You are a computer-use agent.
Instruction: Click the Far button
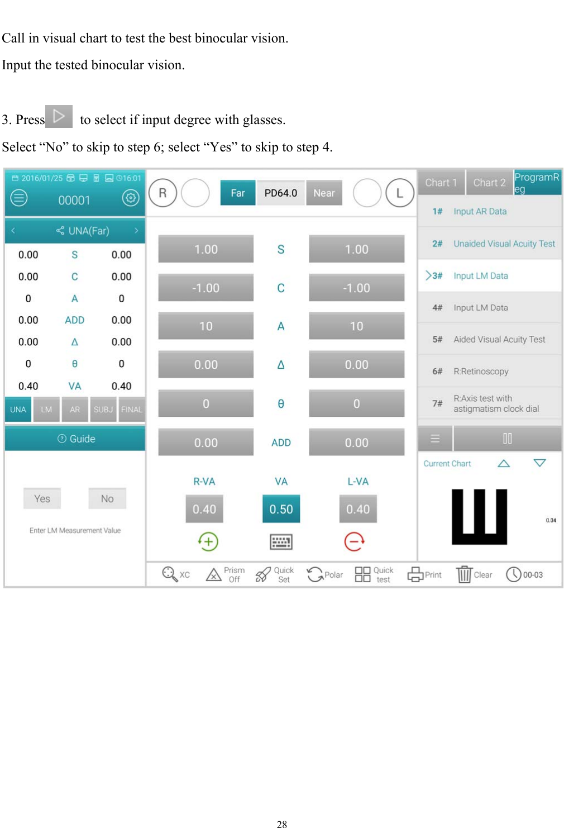click(x=238, y=193)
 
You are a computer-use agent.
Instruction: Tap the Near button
click(x=324, y=193)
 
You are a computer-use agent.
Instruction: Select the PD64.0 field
click(x=280, y=193)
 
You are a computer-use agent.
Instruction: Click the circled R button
click(x=162, y=193)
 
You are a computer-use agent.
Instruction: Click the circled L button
click(x=399, y=193)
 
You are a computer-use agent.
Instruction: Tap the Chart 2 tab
click(x=489, y=183)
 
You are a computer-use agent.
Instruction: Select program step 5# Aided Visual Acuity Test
click(x=490, y=339)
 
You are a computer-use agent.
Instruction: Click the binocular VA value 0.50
click(x=281, y=508)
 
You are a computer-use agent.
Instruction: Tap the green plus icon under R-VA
click(x=208, y=541)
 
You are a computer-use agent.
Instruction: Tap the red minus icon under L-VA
click(x=355, y=541)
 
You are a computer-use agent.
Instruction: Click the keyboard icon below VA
click(x=281, y=541)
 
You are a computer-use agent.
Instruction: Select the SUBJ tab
click(x=103, y=409)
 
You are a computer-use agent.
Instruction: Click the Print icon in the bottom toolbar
click(x=416, y=574)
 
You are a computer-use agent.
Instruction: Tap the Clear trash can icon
click(x=464, y=574)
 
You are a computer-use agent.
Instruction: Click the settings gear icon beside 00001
click(x=131, y=198)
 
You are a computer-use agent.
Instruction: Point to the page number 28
click(x=282, y=824)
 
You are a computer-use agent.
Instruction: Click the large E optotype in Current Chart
click(x=479, y=516)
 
